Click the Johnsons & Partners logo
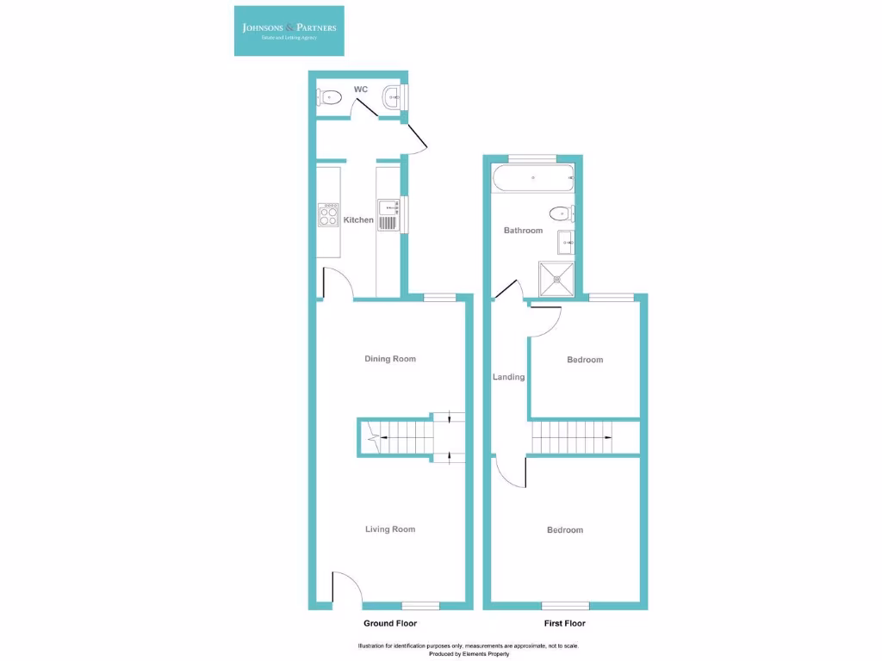pos(289,31)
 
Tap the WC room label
pos(361,90)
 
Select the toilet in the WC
pos(332,99)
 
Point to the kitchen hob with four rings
pos(328,214)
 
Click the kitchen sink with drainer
pos(388,215)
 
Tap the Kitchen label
pos(358,220)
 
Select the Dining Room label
pos(390,359)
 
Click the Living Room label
pos(390,529)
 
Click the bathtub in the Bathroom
pos(532,179)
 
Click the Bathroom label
pos(523,231)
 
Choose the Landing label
pos(508,377)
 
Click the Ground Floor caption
pos(390,623)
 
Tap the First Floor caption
pos(565,623)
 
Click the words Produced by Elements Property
pos(469,654)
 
